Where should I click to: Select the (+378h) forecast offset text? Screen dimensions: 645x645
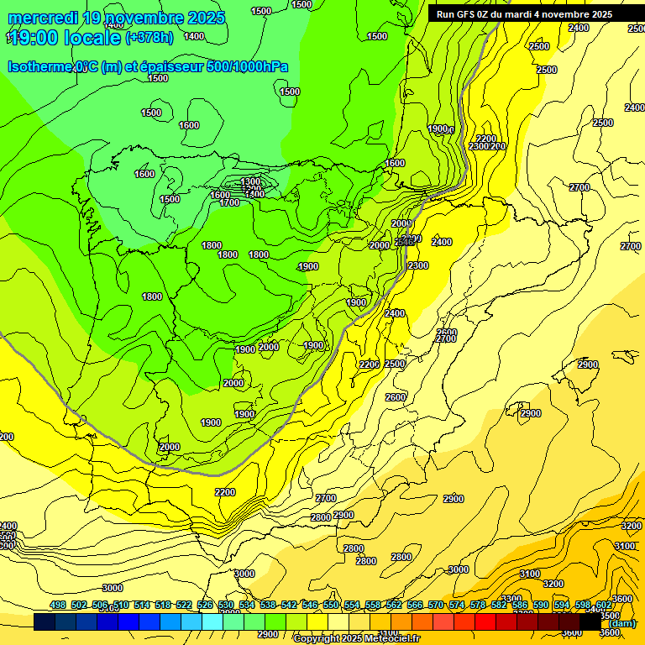click(150, 38)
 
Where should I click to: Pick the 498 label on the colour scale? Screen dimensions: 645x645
click(58, 606)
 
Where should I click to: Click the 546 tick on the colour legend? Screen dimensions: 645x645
click(310, 606)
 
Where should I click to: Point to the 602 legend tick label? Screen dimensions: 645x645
click(604, 606)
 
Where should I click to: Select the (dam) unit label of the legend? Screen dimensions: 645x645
click(622, 623)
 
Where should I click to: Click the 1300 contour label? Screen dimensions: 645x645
click(250, 181)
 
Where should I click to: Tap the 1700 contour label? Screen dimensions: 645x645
click(229, 202)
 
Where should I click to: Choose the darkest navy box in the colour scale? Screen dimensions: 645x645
click(45, 621)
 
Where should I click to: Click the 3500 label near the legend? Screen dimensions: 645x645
click(611, 616)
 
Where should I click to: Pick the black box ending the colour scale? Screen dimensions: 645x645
click(590, 621)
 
